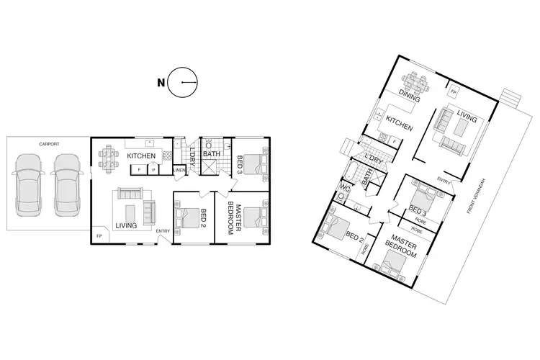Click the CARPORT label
pyautogui.click(x=49, y=144)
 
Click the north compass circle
pyautogui.click(x=183, y=84)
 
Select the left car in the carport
pyautogui.click(x=30, y=189)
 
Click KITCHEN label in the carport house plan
pyautogui.click(x=142, y=156)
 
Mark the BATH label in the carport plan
pyautogui.click(x=212, y=153)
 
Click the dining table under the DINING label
pyautogui.click(x=418, y=80)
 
